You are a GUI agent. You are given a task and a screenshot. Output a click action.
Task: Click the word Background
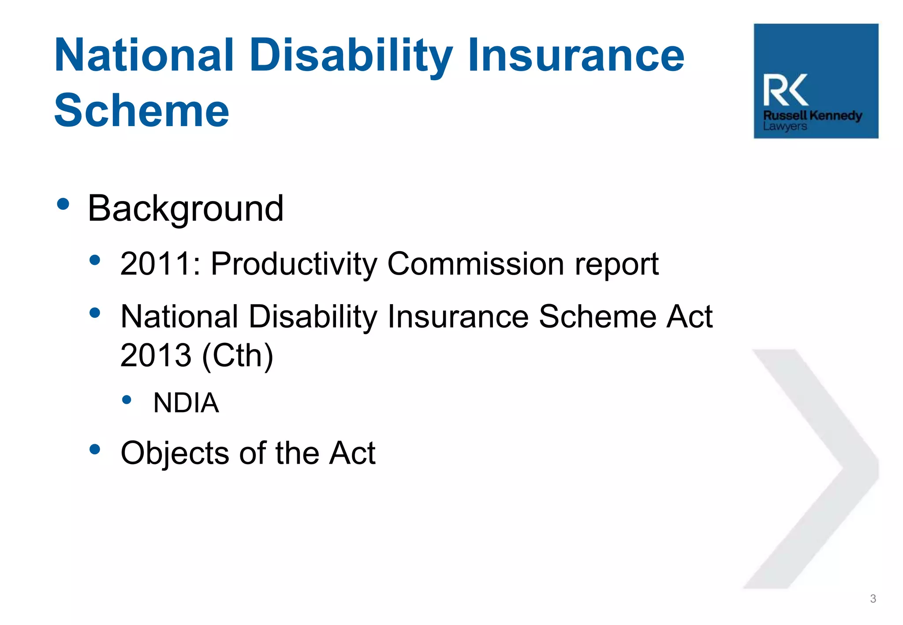click(185, 209)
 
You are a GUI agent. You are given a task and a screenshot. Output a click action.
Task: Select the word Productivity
click(294, 264)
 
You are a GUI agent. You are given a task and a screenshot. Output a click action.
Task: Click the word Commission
click(476, 264)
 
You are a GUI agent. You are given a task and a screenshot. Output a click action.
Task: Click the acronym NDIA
click(186, 403)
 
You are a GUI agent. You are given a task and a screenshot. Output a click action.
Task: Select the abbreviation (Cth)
click(238, 355)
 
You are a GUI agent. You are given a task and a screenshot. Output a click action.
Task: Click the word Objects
click(175, 453)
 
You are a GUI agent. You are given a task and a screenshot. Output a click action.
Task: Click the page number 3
click(873, 599)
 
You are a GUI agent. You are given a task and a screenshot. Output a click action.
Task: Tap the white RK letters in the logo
click(786, 90)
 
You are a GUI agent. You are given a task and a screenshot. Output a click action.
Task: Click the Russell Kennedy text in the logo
click(813, 115)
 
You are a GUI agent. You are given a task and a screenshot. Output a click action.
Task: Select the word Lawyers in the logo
click(785, 126)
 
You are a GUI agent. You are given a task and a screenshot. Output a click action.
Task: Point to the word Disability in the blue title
click(351, 56)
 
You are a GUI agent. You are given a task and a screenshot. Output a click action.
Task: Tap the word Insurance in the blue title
click(576, 56)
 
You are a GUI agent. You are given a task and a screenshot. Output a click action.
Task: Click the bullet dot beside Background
click(63, 204)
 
